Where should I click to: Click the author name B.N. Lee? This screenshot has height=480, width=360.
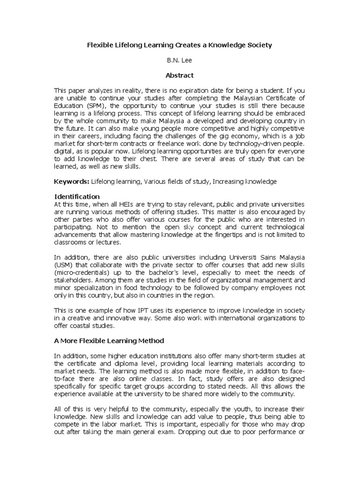click(x=180, y=60)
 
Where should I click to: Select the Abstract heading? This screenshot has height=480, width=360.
click(x=180, y=75)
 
